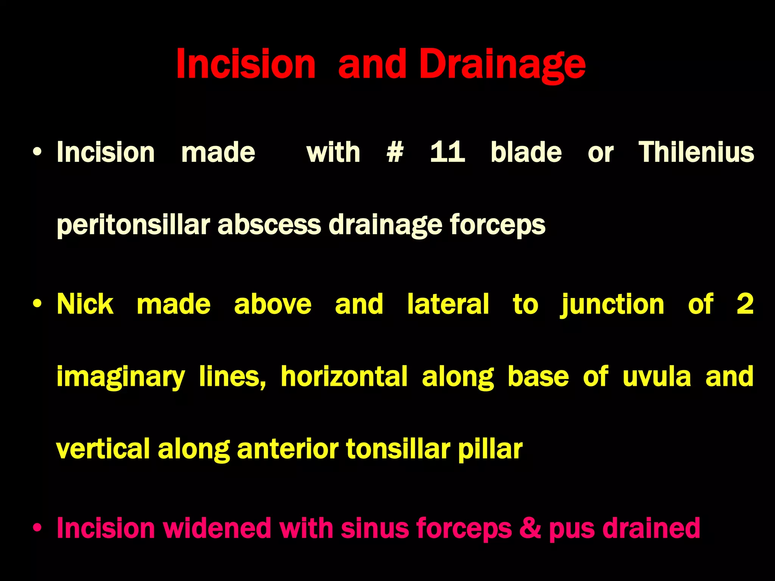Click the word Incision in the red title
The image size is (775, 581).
point(246,64)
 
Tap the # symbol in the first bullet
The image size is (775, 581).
point(395,152)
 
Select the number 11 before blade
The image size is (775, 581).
point(447,152)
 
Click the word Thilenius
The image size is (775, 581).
point(696,152)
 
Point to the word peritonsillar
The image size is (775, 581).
point(133,225)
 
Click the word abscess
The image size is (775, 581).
point(269,225)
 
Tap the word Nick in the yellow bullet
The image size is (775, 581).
point(85,304)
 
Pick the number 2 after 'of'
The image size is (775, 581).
point(745,304)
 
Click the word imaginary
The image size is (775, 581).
point(120,377)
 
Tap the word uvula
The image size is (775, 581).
point(657,377)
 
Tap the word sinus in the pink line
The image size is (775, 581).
point(375,528)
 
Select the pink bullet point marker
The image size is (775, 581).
point(37,528)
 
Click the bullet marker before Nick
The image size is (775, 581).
point(37,304)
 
